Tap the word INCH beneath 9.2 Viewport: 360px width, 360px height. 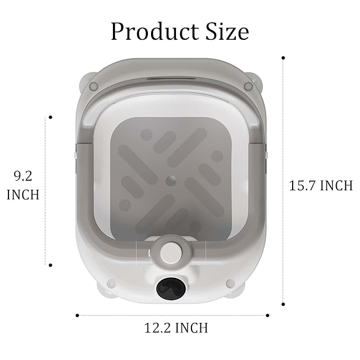pos(23,195)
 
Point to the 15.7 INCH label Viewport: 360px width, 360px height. pos(321,186)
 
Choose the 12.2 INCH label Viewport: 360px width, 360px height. pos(176,328)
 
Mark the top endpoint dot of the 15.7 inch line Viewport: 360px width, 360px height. pos(284,57)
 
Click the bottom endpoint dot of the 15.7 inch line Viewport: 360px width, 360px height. pos(284,304)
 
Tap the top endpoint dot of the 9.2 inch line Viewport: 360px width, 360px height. pos(50,117)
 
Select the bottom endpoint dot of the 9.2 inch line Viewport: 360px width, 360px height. pos(50,265)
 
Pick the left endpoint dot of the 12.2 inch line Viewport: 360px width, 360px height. pos(77,315)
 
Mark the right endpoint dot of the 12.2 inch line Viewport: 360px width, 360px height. pos(268,315)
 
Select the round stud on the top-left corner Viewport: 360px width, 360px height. pos(93,86)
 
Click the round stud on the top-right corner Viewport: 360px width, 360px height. pos(247,86)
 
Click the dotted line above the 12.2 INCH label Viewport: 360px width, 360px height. pos(173,315)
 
